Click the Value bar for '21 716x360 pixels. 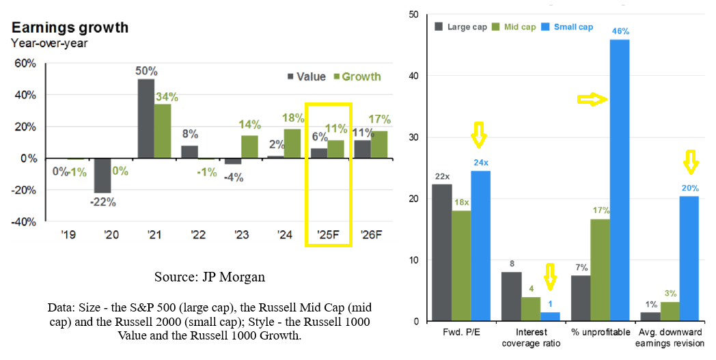pos(146,118)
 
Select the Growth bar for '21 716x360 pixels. pos(163,131)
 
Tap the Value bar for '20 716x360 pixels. pos(102,175)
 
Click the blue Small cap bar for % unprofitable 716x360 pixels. pos(619,180)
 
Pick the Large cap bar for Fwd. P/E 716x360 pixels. pos(442,253)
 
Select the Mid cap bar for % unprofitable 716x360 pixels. pos(600,270)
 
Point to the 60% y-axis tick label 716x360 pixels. pos(25,64)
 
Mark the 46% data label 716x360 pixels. pos(620,31)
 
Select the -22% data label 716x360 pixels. pos(102,202)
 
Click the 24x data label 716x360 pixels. pos(480,163)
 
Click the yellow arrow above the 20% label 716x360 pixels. pos(690,162)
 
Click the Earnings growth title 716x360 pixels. pos(70,28)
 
